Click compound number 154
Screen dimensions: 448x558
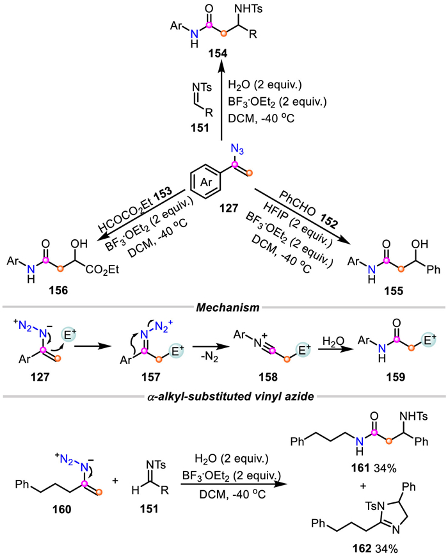(x=218, y=53)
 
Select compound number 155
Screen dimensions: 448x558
(x=393, y=291)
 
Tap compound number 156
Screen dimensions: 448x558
(x=59, y=291)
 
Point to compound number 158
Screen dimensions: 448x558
(x=268, y=377)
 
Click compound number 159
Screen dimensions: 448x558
(x=396, y=377)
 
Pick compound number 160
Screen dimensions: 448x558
(x=61, y=509)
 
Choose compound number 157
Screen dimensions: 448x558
(x=151, y=377)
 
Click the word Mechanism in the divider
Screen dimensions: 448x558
(x=228, y=307)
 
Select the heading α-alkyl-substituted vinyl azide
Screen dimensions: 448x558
(x=230, y=396)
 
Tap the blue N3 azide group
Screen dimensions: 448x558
(x=237, y=149)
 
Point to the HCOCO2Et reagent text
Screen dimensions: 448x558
(x=134, y=208)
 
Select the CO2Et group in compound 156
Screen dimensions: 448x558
(x=102, y=270)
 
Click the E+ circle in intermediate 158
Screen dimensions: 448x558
(x=302, y=350)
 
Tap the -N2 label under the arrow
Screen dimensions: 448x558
(x=209, y=357)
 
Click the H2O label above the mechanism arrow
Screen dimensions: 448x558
(x=333, y=341)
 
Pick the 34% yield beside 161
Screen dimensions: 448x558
(x=385, y=468)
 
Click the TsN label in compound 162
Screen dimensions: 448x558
(x=376, y=506)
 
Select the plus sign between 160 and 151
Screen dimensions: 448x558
(x=115, y=481)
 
